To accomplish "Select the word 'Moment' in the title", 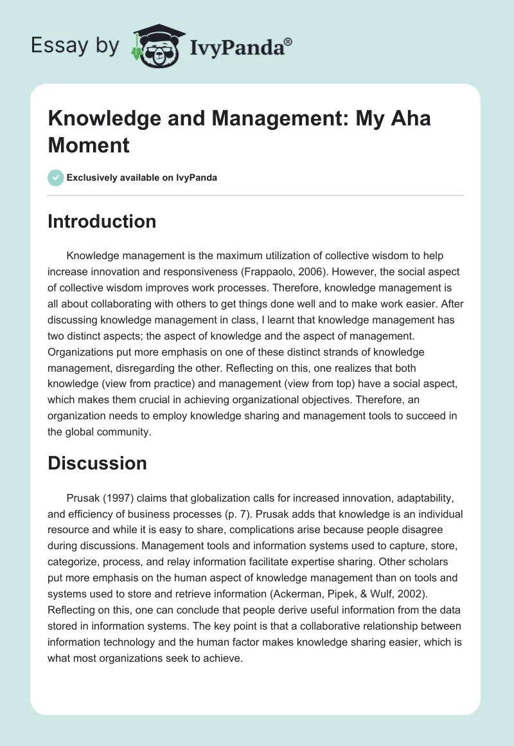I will (89, 145).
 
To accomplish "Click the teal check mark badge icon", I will (57, 177).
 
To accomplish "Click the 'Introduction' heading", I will (102, 221).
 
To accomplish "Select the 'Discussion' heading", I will (97, 463).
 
